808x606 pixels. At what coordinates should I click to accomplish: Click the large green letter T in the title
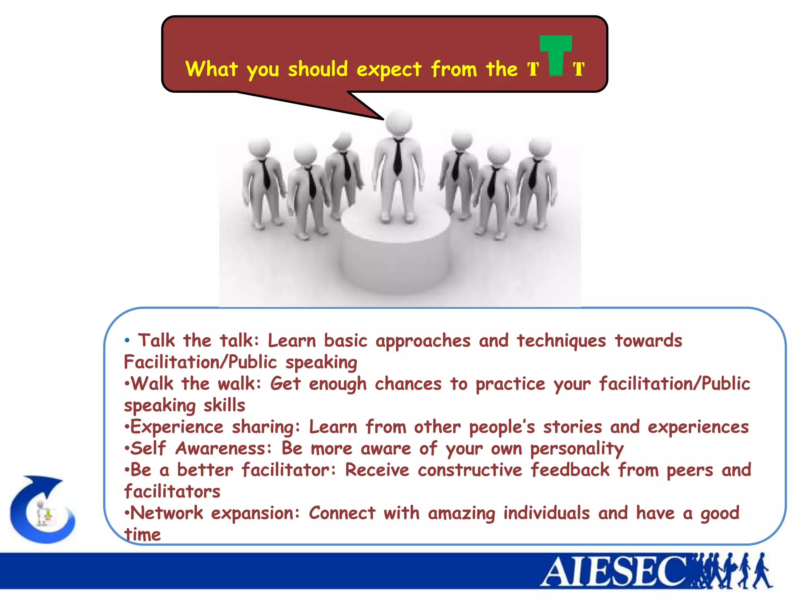[556, 53]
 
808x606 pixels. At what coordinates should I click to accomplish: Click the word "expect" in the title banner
[389, 70]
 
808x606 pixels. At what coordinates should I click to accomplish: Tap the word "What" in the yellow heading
[211, 69]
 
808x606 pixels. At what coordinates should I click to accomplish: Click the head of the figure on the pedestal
[398, 123]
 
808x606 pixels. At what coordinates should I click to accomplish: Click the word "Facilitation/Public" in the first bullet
[200, 362]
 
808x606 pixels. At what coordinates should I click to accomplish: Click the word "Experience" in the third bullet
[177, 427]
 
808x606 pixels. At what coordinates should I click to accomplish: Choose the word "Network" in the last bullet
[166, 513]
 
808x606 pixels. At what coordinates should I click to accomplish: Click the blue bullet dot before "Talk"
[127, 340]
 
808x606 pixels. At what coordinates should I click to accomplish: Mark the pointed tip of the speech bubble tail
[383, 119]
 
